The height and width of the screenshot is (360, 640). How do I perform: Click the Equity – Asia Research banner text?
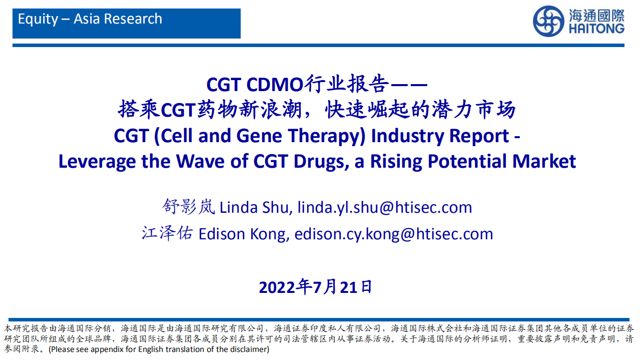[90, 20]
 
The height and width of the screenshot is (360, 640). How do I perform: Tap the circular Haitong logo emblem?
[548, 22]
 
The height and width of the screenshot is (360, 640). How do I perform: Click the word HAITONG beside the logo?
[596, 28]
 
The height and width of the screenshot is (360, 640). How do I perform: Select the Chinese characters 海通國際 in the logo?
[596, 15]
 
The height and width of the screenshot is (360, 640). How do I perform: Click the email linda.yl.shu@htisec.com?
[385, 207]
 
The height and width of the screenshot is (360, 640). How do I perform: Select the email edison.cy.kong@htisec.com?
[394, 234]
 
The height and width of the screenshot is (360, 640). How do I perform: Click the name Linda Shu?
[255, 207]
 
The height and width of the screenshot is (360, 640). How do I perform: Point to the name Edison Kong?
[244, 234]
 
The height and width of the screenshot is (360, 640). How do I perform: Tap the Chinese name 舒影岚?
[189, 207]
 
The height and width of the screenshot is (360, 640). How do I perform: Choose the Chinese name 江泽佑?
[167, 233]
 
